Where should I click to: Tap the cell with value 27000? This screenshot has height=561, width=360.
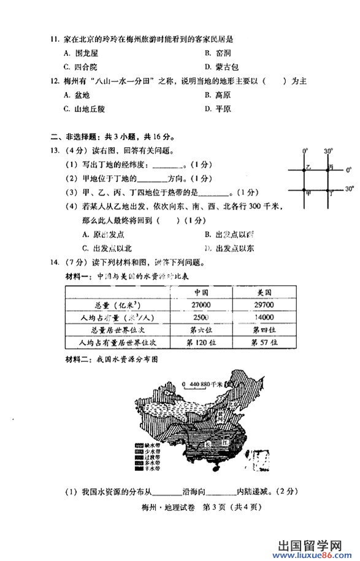pyautogui.click(x=202, y=305)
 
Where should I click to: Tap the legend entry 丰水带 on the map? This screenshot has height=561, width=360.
pyautogui.click(x=150, y=468)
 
